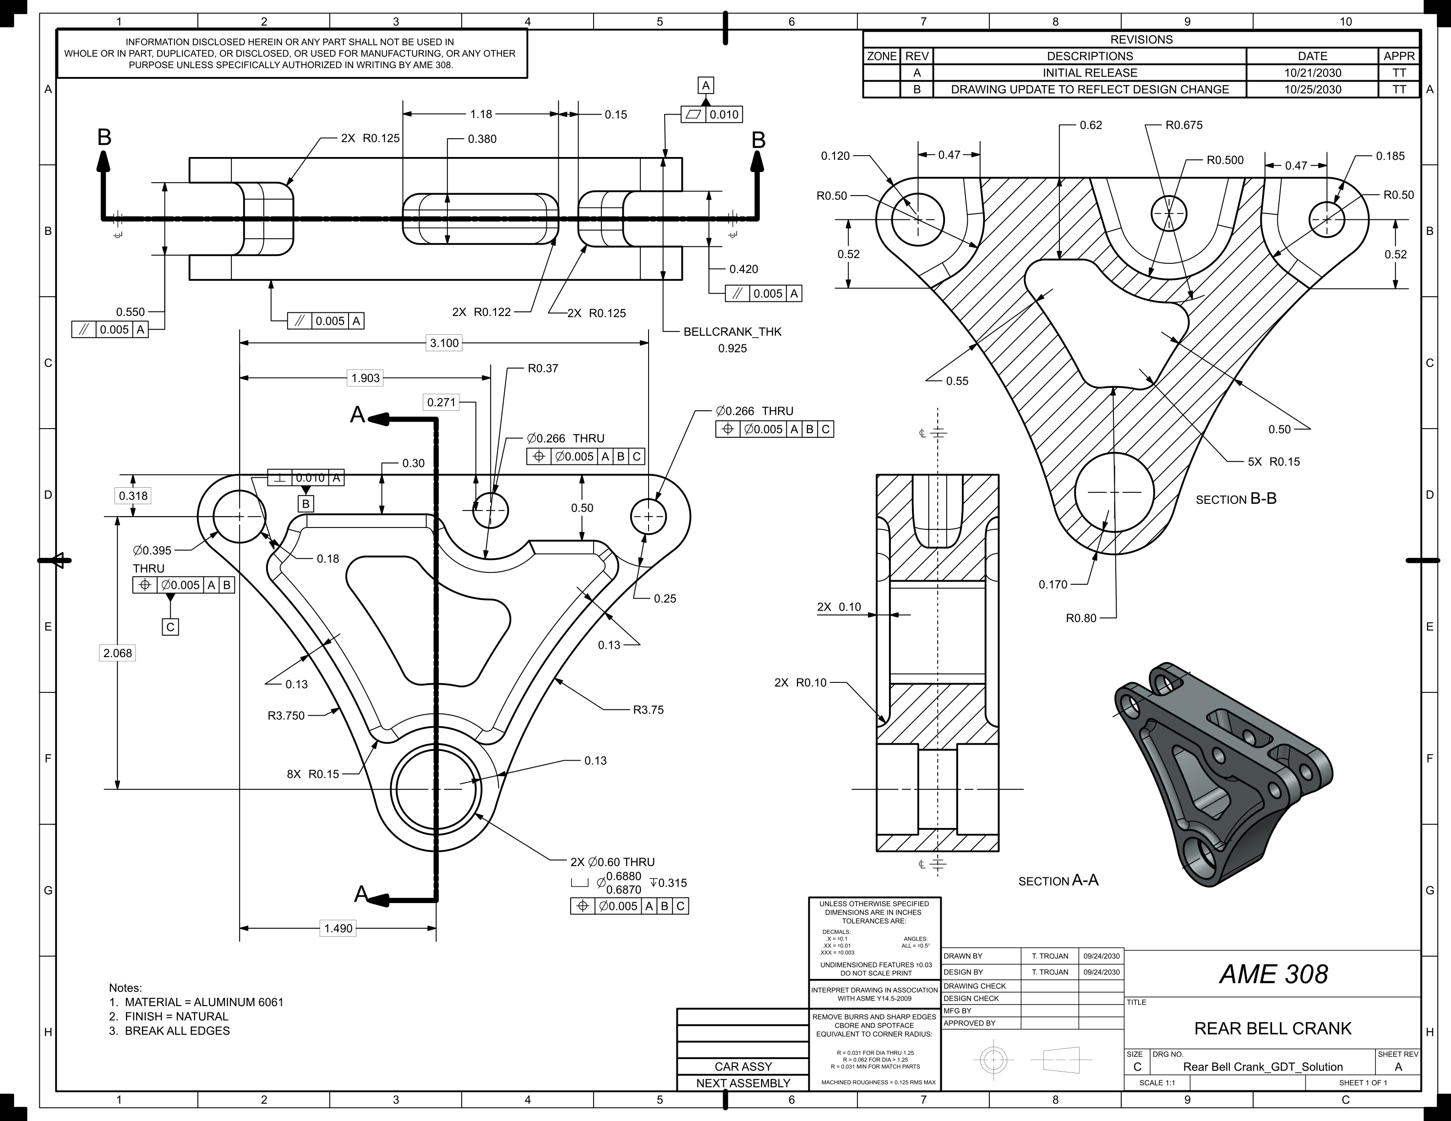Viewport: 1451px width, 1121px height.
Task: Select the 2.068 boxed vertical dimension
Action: (x=118, y=653)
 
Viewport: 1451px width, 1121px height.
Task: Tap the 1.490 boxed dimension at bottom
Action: (x=338, y=928)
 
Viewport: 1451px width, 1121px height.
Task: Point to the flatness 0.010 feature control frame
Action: (x=712, y=114)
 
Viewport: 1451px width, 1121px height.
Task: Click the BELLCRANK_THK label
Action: (x=732, y=332)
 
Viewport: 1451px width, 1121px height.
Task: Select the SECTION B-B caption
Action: (x=1236, y=499)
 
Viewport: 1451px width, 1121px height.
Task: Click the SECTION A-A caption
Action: (x=1058, y=881)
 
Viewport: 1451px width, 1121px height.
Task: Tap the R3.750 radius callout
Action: (x=286, y=715)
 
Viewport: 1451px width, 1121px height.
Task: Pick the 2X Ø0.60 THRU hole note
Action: (x=612, y=862)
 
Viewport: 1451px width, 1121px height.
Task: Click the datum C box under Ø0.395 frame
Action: (x=170, y=627)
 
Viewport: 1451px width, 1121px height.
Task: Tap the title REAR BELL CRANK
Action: (x=1272, y=1028)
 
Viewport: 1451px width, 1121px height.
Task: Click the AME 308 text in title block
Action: (x=1273, y=974)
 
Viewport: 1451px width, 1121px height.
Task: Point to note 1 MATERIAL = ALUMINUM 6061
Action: (x=196, y=1002)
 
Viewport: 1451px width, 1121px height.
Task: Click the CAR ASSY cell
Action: (x=743, y=1067)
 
